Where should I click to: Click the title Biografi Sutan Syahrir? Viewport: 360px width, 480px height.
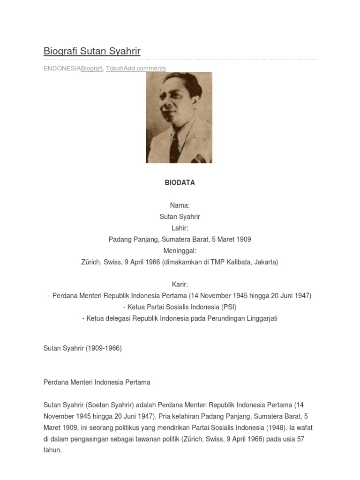(92, 51)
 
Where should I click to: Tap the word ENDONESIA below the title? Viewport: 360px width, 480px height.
(62, 68)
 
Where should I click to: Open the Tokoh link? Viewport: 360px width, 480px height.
(114, 68)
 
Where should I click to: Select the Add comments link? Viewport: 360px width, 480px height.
(145, 68)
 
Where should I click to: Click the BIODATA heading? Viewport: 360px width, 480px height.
(180, 183)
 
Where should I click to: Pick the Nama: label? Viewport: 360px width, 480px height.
(180, 205)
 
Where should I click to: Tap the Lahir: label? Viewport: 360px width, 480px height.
(180, 228)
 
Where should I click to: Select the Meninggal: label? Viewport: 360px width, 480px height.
(180, 251)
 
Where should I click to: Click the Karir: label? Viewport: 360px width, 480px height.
(180, 285)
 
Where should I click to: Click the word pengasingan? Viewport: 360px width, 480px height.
(90, 439)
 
